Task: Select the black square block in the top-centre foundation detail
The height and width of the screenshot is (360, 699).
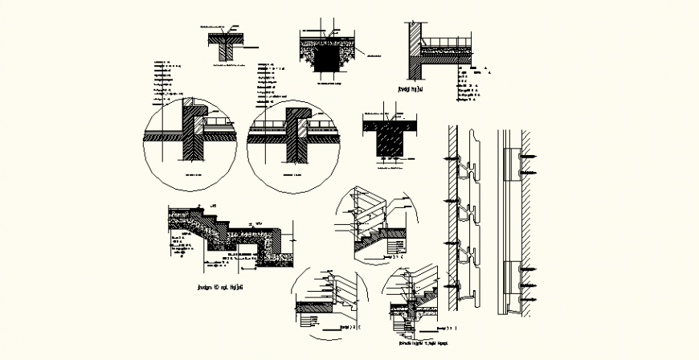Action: tap(327, 57)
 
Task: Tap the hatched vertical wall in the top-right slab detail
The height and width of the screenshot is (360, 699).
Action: tap(410, 48)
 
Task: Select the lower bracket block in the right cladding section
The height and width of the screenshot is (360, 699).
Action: tap(509, 278)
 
